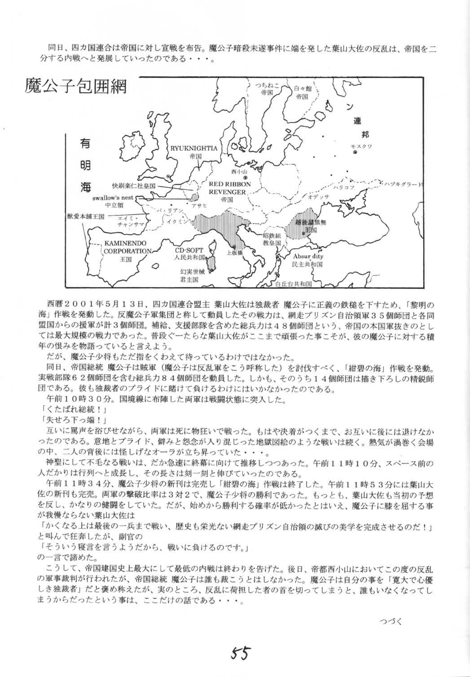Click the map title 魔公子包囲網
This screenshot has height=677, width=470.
[76, 85]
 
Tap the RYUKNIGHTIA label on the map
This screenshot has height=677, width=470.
[194, 148]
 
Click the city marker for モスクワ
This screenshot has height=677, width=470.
[355, 152]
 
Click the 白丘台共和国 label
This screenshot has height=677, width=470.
[294, 284]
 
